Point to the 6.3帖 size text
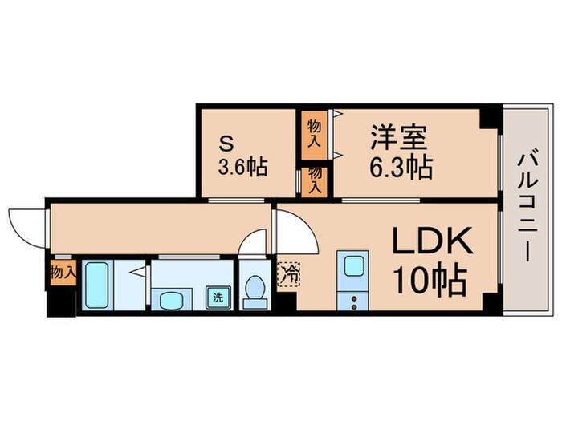tap(401, 168)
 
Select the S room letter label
tap(227, 144)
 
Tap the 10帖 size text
tap(430, 282)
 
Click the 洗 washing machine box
tap(218, 296)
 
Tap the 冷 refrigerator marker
tap(288, 273)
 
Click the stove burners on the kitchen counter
tap(352, 301)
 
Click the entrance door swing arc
tap(26, 225)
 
